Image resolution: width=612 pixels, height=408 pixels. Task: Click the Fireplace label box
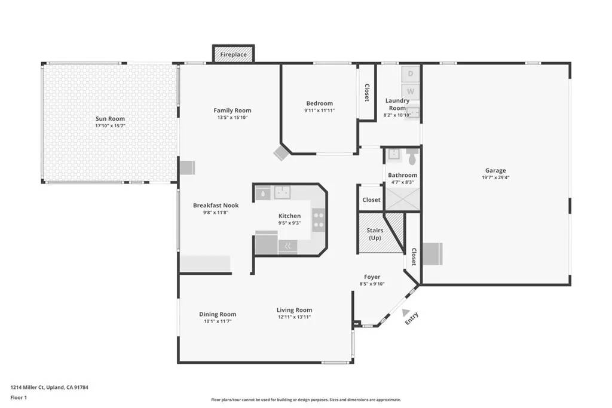tap(234, 54)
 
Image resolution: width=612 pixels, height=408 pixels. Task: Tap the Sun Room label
tap(110, 119)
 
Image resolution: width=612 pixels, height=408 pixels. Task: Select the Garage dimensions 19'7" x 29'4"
tap(495, 177)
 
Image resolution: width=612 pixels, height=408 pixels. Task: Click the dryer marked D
tap(411, 73)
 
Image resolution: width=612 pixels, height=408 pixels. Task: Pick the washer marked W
tap(411, 91)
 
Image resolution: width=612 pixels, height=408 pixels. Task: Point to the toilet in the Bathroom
tap(412, 157)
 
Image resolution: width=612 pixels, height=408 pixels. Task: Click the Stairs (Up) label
tap(375, 234)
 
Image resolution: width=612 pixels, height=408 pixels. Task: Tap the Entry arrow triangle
tap(406, 312)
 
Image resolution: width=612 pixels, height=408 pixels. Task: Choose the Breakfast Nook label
tap(215, 205)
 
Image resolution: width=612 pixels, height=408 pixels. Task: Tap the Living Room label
tap(294, 310)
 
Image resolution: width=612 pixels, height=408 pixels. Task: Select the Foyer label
tap(372, 277)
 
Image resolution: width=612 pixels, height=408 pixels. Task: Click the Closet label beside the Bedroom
tap(366, 92)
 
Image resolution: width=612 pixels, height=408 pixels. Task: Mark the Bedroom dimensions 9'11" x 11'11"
tap(319, 111)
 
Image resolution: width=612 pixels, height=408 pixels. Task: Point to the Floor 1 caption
tap(19, 397)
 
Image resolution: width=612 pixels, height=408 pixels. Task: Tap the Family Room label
tap(232, 111)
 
